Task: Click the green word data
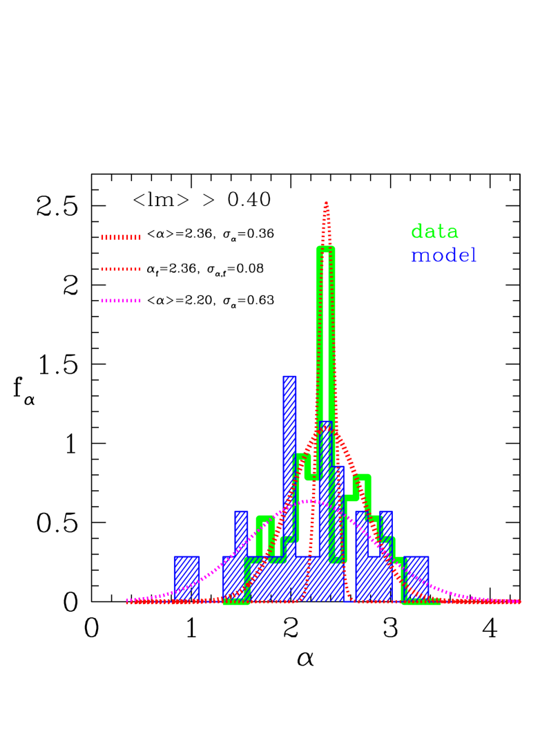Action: pos(434,232)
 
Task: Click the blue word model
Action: pos(443,256)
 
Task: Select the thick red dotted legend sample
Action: pos(121,237)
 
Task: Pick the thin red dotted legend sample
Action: pos(121,269)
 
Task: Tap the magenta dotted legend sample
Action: pos(121,301)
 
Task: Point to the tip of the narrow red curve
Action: pos(326,203)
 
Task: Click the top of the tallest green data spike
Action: pos(326,248)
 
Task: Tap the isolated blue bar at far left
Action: pos(186,577)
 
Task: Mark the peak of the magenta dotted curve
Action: pos(311,500)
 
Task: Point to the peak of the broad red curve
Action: pos(327,428)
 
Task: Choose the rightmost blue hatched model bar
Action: pos(417,577)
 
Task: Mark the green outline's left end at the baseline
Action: pos(226,601)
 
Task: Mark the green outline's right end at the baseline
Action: pos(438,601)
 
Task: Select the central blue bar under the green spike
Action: pos(325,512)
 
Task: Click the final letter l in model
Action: pos(473,256)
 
